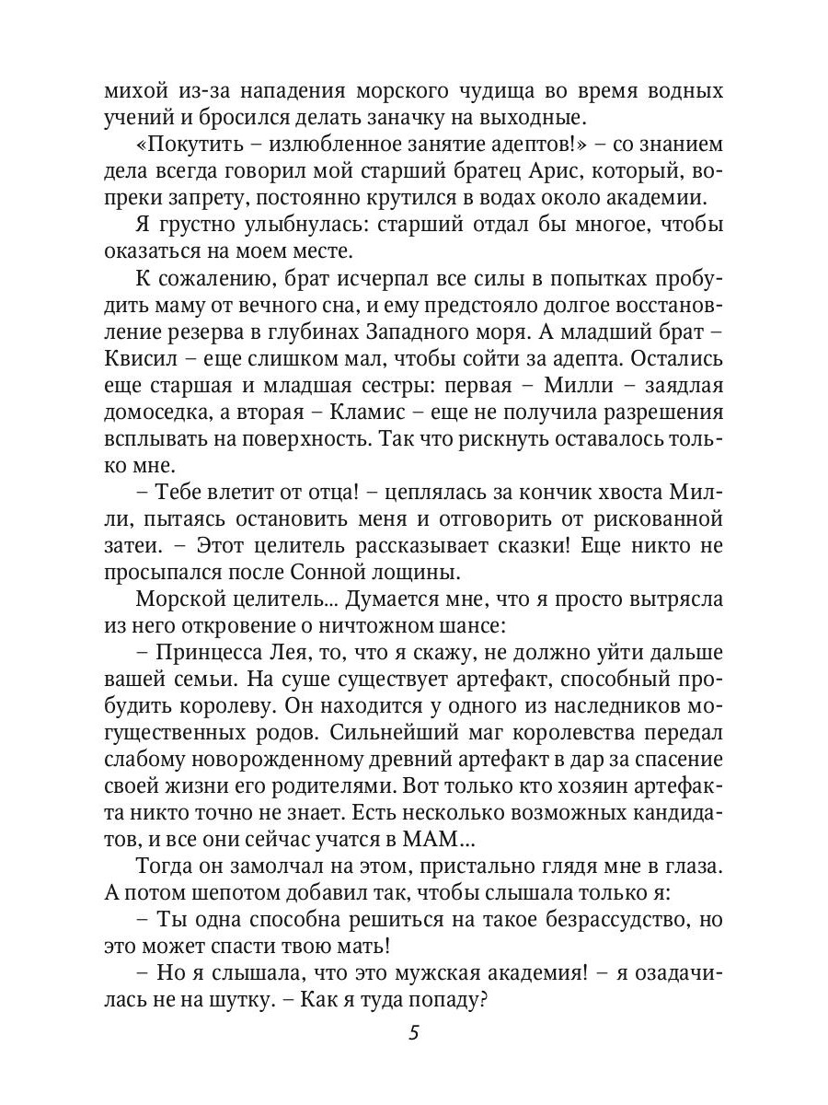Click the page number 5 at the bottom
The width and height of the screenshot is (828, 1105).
pos(414,1033)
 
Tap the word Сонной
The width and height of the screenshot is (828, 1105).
pos(341,571)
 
